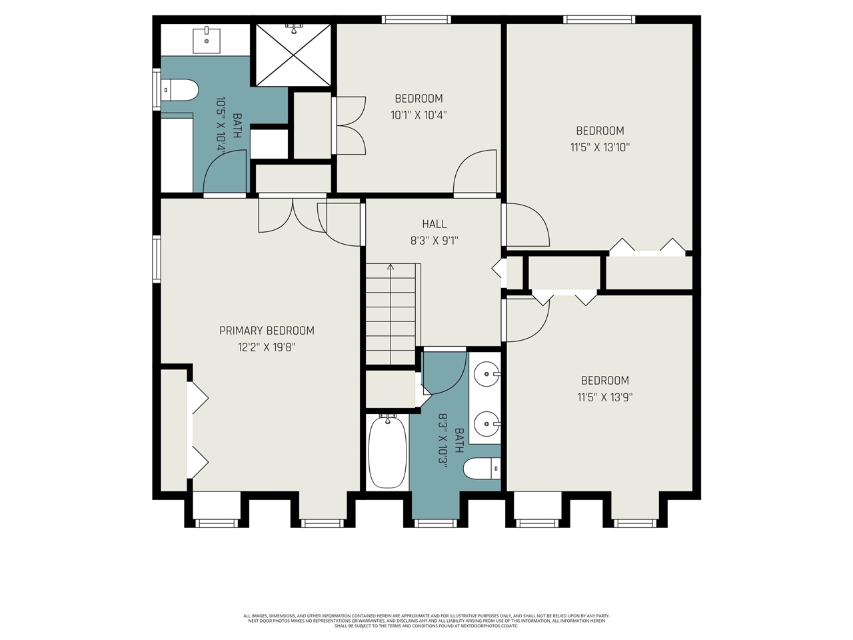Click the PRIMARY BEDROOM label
tap(267, 331)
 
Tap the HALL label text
tap(434, 224)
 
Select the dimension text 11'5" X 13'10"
tap(600, 147)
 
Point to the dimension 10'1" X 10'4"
tap(419, 115)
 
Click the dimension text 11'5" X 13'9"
tap(604, 397)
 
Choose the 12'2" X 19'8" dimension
tap(267, 347)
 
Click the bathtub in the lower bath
tap(387, 451)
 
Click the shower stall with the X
tap(293, 55)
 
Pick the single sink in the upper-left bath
tap(207, 40)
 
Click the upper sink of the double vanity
tap(488, 374)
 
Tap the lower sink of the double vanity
tap(488, 423)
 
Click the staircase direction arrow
tap(391, 268)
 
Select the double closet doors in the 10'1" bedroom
tap(350, 125)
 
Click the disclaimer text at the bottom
tap(426, 621)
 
